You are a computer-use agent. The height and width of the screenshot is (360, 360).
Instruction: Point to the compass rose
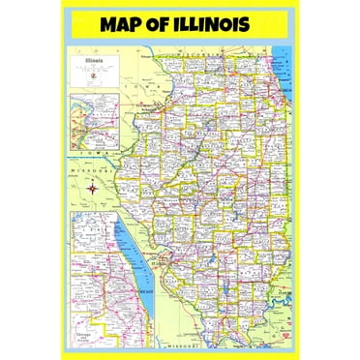pos(93,188)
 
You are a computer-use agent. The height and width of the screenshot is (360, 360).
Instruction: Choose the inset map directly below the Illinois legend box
pos(95,121)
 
